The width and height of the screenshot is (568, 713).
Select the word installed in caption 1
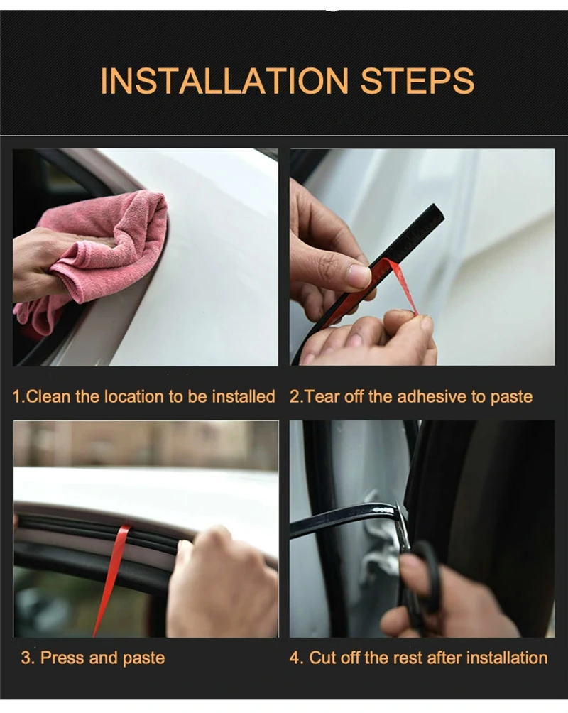(x=242, y=396)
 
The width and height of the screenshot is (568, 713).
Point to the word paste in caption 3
(x=144, y=658)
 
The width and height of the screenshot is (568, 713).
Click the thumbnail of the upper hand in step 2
(x=359, y=276)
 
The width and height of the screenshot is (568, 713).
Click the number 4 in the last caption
(x=295, y=658)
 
